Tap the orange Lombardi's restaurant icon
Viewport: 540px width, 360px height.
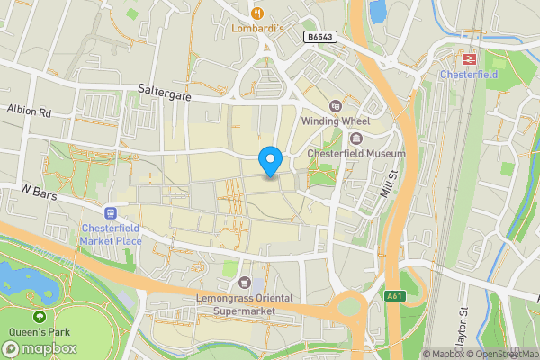click(x=257, y=13)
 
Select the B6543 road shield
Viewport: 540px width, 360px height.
click(x=319, y=37)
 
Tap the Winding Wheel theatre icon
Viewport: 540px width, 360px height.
click(x=335, y=105)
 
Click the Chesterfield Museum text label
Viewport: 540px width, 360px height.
click(x=356, y=154)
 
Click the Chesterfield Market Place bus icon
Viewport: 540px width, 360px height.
click(x=111, y=213)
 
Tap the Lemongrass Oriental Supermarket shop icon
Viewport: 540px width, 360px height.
click(x=245, y=283)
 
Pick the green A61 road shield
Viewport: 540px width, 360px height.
click(x=393, y=296)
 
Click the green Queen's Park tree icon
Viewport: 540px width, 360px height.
click(x=40, y=317)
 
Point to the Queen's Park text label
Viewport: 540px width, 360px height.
click(x=40, y=331)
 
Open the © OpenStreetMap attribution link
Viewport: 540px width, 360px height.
click(x=501, y=354)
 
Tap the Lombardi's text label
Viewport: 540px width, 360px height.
click(x=257, y=28)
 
